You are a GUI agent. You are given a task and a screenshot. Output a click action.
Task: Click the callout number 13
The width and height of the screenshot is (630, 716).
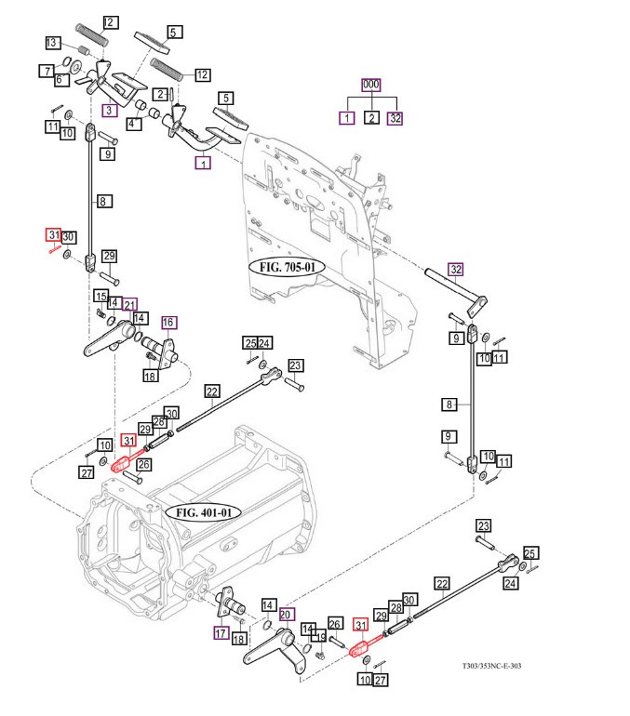[53, 43]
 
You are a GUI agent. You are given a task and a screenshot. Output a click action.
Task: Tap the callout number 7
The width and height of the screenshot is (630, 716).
[46, 71]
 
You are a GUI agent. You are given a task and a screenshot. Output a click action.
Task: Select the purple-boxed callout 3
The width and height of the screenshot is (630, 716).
[110, 111]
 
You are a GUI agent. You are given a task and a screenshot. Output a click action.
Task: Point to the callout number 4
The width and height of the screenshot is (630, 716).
[134, 123]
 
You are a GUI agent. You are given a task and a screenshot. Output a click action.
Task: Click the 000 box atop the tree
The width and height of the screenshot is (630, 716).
[371, 85]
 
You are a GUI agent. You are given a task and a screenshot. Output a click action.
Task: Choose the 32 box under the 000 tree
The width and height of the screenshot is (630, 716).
[396, 118]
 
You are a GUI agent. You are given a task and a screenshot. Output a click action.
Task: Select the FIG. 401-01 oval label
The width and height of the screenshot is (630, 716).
[202, 512]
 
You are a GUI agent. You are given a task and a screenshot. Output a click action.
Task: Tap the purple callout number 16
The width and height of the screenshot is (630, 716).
[168, 323]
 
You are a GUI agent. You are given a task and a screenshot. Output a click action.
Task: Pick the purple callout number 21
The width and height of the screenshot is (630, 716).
[129, 303]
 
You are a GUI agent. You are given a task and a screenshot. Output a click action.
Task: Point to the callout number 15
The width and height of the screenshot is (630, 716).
[99, 296]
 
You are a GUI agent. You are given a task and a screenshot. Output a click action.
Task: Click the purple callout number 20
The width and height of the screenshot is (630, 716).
[287, 614]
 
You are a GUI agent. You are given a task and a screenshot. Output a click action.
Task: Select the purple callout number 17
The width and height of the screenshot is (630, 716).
[221, 633]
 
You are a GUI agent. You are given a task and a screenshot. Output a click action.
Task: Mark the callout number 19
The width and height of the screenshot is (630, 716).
[320, 638]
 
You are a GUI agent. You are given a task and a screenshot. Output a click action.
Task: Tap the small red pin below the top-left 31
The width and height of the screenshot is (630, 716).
[56, 248]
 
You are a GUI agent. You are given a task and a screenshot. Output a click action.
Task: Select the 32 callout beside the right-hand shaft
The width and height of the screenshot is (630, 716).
[455, 271]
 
